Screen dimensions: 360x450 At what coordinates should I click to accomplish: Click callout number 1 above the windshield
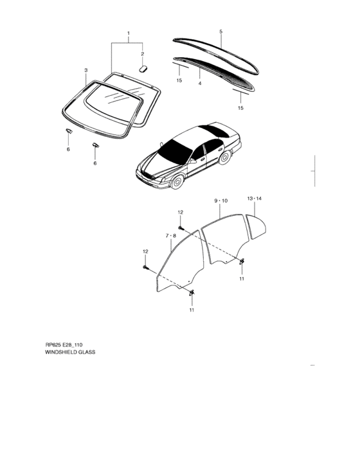pyautogui.click(x=129, y=33)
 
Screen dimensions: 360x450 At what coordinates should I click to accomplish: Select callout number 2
pyautogui.click(x=142, y=54)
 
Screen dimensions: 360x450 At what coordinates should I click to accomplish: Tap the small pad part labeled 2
pyautogui.click(x=143, y=69)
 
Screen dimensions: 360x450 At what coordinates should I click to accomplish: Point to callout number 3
pyautogui.click(x=86, y=70)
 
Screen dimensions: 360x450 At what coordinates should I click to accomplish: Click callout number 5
pyautogui.click(x=221, y=32)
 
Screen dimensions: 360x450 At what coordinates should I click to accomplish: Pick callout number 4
pyautogui.click(x=200, y=83)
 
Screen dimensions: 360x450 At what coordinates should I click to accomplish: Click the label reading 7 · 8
pyautogui.click(x=171, y=236)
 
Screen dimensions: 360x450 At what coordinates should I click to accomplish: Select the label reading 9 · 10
pyautogui.click(x=221, y=201)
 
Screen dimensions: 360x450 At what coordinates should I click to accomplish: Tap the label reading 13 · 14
pyautogui.click(x=255, y=198)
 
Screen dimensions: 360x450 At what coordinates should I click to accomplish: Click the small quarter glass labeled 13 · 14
pyautogui.click(x=256, y=227)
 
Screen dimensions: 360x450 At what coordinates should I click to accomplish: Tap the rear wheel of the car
pyautogui.click(x=224, y=157)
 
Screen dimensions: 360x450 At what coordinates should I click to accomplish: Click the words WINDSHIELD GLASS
pyautogui.click(x=70, y=352)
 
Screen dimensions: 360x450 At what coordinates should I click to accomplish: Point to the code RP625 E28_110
pyautogui.click(x=64, y=345)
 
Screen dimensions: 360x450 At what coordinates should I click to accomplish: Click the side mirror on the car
pyautogui.click(x=194, y=161)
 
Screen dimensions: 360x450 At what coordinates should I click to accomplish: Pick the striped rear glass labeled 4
pyautogui.click(x=214, y=74)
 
